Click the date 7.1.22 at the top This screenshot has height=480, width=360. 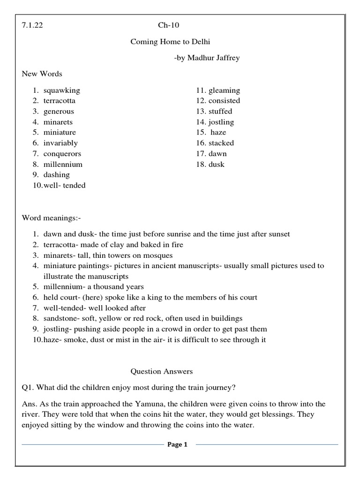[x=32, y=25]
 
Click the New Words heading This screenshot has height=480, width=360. [x=42, y=74]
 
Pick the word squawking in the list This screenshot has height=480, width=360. [x=62, y=90]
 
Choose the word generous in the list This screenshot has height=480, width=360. [x=59, y=111]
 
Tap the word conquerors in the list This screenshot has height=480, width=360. [x=62, y=153]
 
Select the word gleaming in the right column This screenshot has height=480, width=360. [x=224, y=90]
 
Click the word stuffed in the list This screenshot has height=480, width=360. [x=220, y=111]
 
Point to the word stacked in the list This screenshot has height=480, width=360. [x=221, y=143]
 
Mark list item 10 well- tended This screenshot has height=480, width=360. [x=64, y=185]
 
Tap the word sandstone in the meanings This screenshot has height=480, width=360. [x=60, y=318]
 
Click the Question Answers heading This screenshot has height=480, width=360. [x=161, y=371]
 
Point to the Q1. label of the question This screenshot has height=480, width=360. [x=28, y=387]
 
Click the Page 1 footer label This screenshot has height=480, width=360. [x=177, y=445]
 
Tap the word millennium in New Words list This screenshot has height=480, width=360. [x=63, y=164]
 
